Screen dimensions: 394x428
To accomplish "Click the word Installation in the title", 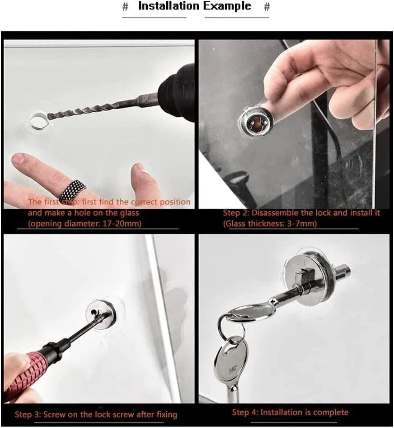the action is [169, 6].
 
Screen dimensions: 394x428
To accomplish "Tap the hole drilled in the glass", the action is [38, 120].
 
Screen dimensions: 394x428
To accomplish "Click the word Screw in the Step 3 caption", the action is [55, 414].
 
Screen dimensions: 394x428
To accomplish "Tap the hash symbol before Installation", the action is [125, 7].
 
